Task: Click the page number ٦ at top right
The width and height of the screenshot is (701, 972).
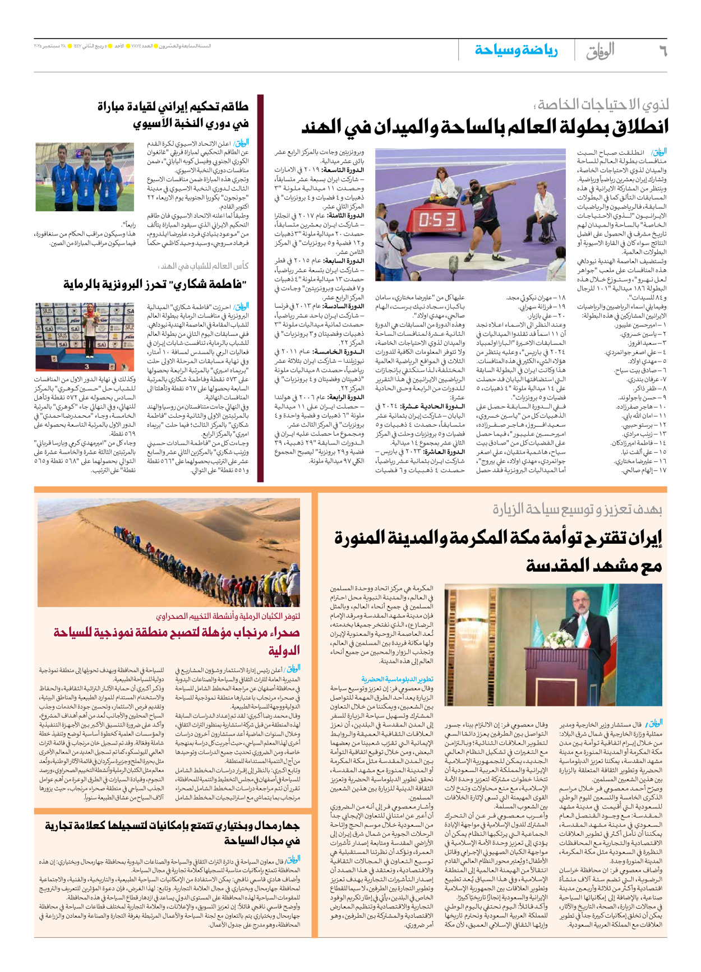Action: [662, 50]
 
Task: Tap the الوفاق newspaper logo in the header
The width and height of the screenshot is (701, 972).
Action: [600, 51]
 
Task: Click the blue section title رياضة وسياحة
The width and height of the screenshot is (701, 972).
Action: [516, 50]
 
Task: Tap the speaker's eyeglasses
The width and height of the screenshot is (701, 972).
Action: [592, 605]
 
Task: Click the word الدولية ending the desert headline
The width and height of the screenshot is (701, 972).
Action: [284, 651]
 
